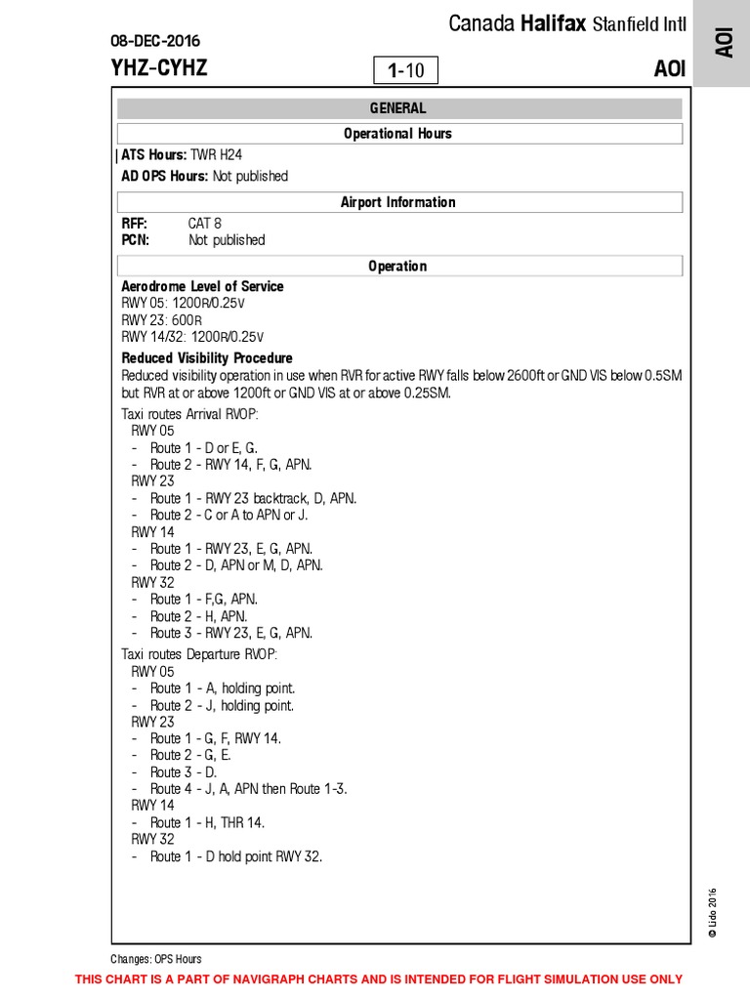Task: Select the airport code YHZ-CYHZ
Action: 159,68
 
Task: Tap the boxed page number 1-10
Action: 405,70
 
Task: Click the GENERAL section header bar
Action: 398,108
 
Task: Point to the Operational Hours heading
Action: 398,134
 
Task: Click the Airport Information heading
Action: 398,202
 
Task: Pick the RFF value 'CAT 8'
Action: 205,224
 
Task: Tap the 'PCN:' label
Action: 135,240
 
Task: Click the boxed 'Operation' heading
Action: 398,266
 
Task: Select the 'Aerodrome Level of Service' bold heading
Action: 202,286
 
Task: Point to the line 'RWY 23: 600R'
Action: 161,320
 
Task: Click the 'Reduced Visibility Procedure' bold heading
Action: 207,358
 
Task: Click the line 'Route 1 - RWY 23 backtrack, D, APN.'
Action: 253,498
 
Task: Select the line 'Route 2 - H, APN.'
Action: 198,616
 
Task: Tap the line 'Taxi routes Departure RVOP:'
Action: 199,653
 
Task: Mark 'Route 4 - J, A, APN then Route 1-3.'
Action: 248,789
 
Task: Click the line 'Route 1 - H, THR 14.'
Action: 207,822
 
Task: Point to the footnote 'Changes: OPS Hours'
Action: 156,959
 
